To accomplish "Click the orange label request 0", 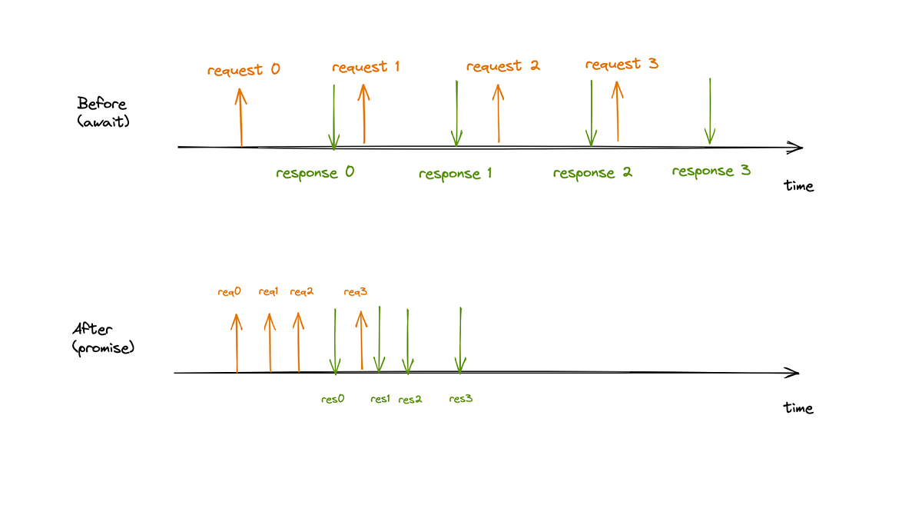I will coord(244,70).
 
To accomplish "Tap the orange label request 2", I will coord(502,66).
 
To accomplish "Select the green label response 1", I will coord(455,174).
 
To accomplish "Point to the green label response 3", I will coord(711,171).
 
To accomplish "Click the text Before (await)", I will coord(102,111).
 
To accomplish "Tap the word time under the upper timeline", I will coord(798,186).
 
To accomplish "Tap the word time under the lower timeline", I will coord(798,408).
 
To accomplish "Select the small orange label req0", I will coord(229,292).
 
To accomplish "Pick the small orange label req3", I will coord(356,292).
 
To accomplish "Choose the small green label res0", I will coord(332,399).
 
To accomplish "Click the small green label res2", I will coord(410,399).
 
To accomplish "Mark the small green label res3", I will coord(460,399).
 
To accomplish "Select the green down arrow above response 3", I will coord(710,111).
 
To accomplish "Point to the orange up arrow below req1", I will coord(269,342).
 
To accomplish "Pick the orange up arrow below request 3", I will coord(616,112).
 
